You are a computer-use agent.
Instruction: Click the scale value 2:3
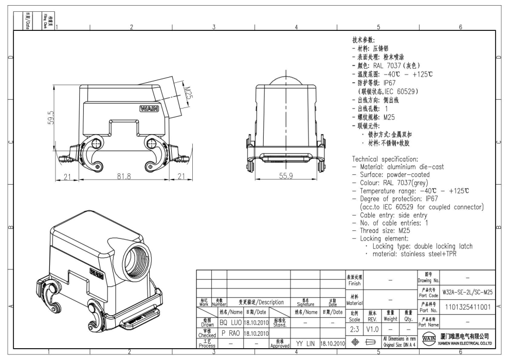click(354, 329)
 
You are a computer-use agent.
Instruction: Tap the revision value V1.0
click(373, 329)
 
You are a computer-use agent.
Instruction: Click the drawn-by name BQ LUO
click(230, 322)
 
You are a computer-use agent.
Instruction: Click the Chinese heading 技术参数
click(364, 40)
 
